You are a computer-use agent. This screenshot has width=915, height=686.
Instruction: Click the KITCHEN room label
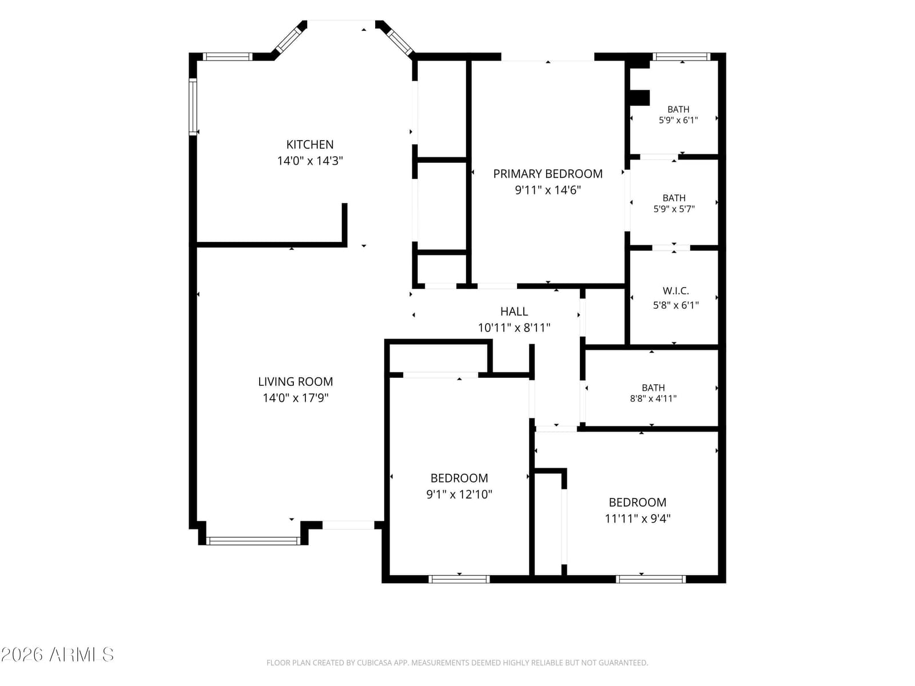click(310, 145)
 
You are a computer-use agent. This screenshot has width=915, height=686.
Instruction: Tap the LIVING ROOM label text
click(295, 381)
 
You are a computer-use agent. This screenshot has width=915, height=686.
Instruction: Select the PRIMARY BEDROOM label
click(548, 174)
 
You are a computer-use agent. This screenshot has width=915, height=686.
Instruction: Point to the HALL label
click(514, 311)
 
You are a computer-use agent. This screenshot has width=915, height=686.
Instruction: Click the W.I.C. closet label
click(676, 291)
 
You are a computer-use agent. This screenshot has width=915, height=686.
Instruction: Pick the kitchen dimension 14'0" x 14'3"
click(310, 161)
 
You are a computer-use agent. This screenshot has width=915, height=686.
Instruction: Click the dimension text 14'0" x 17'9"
click(296, 398)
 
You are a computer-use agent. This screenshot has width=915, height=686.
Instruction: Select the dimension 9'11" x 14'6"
click(548, 190)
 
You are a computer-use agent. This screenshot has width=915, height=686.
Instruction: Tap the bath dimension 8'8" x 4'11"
click(653, 398)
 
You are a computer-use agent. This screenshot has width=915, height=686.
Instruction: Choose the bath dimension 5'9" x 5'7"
click(674, 209)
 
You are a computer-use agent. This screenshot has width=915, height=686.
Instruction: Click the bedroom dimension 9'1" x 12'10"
click(459, 494)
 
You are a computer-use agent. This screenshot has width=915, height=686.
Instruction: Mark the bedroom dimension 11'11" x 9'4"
click(638, 519)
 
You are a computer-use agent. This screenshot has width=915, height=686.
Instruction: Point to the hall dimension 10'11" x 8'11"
click(514, 328)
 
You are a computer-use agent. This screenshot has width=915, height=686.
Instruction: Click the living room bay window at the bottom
click(253, 541)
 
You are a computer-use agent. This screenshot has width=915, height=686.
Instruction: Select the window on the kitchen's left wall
click(193, 107)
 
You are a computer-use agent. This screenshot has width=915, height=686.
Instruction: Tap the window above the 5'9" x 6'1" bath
click(681, 57)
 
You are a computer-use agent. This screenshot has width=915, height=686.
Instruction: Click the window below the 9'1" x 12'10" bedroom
click(459, 579)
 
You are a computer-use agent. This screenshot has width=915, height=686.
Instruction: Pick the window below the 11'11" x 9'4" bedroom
click(651, 579)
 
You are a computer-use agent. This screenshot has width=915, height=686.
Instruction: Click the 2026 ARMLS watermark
click(57, 655)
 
